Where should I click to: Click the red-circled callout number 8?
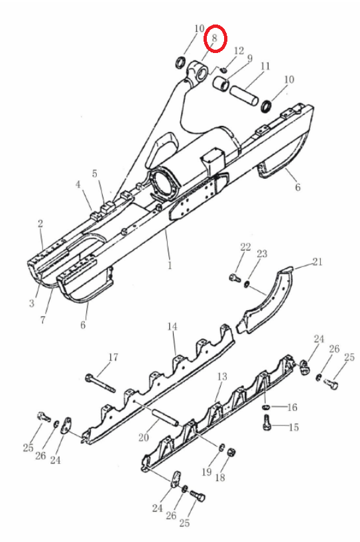click(x=214, y=38)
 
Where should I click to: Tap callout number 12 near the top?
click(x=239, y=51)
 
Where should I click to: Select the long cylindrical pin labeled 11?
click(x=245, y=95)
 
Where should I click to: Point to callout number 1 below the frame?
click(x=170, y=265)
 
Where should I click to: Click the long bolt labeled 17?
click(x=101, y=384)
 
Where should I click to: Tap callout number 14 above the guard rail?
click(x=172, y=326)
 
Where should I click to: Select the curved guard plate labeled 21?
click(x=267, y=300)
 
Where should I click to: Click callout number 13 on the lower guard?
click(x=222, y=376)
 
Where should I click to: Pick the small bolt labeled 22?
click(x=235, y=277)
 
